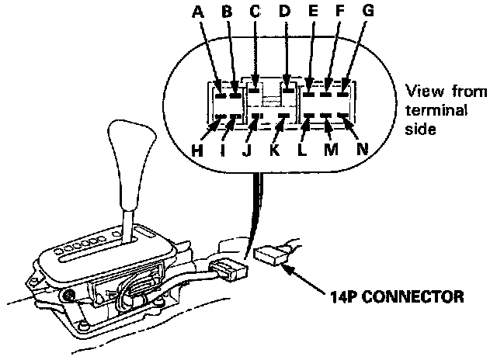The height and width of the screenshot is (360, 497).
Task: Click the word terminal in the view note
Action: click(x=440, y=111)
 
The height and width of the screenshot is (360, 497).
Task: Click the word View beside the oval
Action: click(x=422, y=92)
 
